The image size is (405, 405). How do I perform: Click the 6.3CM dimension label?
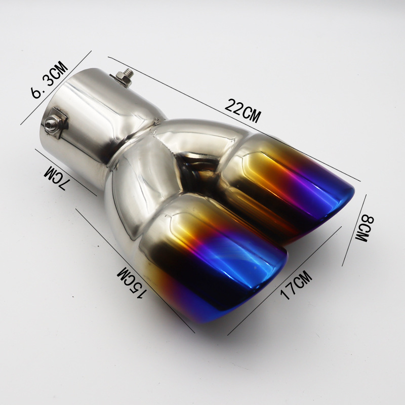(x=50, y=79)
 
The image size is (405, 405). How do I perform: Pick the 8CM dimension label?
(x=364, y=228)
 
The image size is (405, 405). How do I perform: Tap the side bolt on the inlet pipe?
(x=50, y=124)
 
